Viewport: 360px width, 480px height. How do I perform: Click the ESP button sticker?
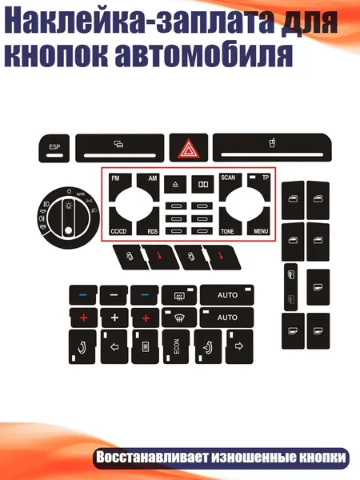[x=54, y=149]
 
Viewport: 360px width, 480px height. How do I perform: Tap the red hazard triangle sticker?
[x=189, y=147]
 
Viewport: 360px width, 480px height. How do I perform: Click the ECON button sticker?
[x=176, y=346]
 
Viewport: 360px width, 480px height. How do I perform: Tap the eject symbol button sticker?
[x=175, y=184]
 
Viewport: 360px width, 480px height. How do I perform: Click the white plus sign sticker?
[x=114, y=318]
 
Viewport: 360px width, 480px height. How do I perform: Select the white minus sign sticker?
[x=114, y=295]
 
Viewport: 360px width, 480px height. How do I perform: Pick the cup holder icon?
[x=272, y=142]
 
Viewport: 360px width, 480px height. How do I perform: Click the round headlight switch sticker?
[x=69, y=218]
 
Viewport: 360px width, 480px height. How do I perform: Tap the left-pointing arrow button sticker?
[x=114, y=346]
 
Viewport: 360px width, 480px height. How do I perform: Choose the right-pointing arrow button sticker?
[x=239, y=346]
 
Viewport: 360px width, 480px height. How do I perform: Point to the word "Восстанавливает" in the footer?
[x=151, y=458]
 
